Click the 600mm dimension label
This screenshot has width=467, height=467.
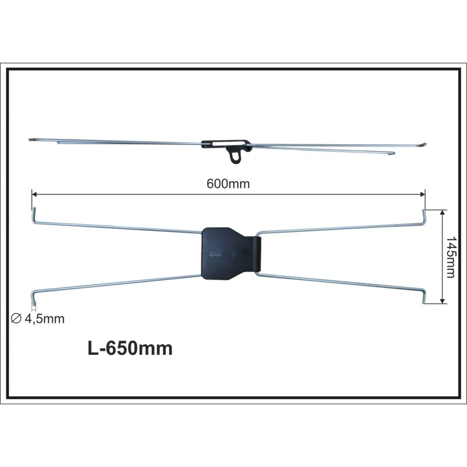pos(228,184)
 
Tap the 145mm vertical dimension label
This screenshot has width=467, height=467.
pos(450,257)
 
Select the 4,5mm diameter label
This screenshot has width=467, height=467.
pos(45,319)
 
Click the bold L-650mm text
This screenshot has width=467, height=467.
pos(130,348)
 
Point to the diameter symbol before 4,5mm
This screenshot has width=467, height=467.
pos(16,319)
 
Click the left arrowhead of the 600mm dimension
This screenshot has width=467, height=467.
pos(34,194)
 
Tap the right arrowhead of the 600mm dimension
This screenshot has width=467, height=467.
pos(422,194)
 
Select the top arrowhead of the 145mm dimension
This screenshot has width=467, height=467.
pos(442,212)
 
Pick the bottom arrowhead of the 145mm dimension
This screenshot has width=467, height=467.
pos(442,301)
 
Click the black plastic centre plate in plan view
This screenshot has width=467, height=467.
pos(227,254)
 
